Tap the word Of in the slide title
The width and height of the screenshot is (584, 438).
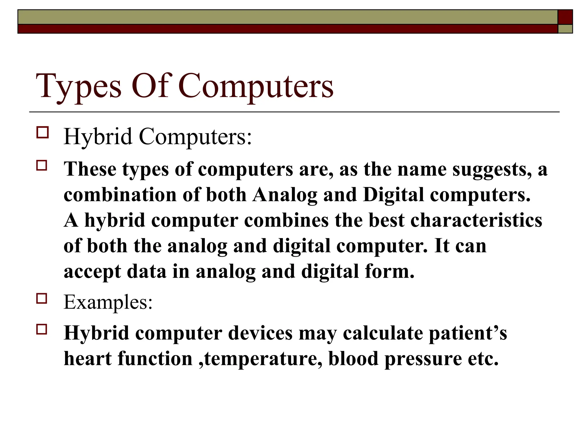pos(151,86)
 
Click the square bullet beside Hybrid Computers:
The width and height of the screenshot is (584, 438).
pos(42,133)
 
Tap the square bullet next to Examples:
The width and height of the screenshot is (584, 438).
pos(42,299)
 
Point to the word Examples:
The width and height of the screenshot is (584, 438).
pos(108,302)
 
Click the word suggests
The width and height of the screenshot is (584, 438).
pos(492,170)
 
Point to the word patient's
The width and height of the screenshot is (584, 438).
pos(468,333)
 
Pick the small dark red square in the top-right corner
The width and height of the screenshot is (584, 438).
pos(565,17)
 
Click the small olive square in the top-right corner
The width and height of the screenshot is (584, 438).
pos(565,29)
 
